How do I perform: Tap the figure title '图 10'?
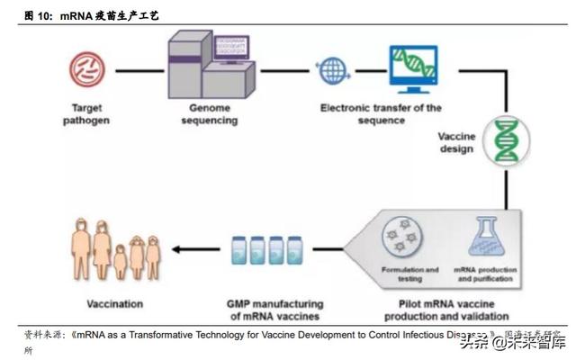click(37, 16)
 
